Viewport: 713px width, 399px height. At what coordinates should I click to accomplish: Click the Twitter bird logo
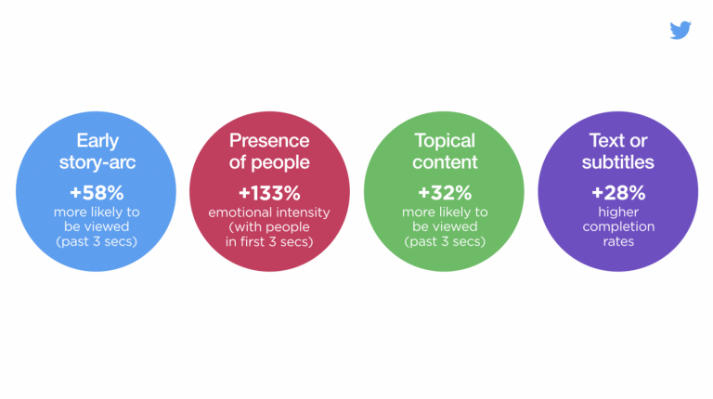tap(681, 31)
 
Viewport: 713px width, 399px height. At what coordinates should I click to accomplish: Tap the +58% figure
tap(97, 194)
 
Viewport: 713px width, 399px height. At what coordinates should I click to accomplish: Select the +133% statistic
tap(270, 194)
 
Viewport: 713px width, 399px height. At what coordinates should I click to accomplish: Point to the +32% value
tap(444, 194)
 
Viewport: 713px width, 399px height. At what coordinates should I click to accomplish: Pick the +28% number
tap(617, 194)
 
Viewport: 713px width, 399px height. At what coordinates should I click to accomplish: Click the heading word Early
tap(97, 141)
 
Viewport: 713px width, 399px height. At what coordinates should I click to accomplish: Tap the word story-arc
tap(97, 163)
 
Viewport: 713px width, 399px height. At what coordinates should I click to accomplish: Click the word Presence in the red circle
tap(270, 141)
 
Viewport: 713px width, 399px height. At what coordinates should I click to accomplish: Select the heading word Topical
tap(444, 141)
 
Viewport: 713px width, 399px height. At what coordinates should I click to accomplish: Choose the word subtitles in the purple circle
tap(617, 163)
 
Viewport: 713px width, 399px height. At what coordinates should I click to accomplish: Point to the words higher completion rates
tap(617, 226)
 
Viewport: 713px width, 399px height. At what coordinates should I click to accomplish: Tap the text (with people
tap(270, 227)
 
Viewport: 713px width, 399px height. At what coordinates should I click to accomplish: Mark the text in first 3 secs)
tap(270, 241)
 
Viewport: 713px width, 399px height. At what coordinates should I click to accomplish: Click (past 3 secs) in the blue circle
tap(97, 241)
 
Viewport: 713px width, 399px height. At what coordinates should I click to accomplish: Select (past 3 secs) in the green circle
tap(444, 241)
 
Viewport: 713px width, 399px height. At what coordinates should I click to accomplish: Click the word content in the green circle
tap(444, 163)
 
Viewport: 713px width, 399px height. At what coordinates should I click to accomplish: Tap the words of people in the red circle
tap(270, 163)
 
